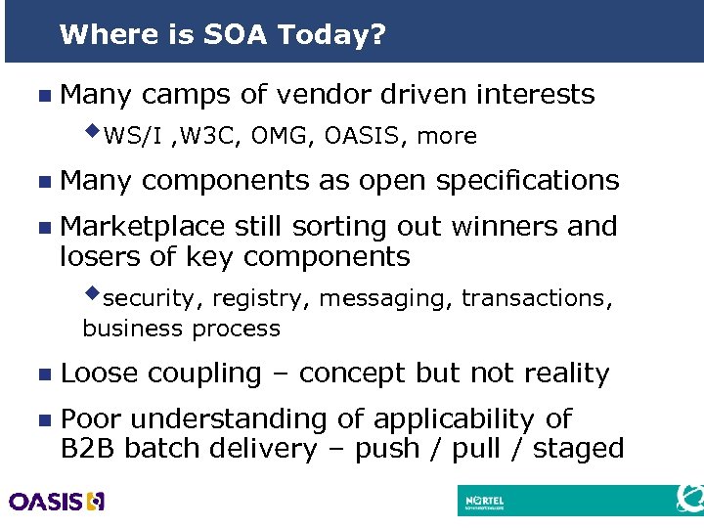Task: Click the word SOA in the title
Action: (x=236, y=36)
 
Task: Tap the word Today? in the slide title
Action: (x=331, y=36)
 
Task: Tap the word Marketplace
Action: (x=143, y=226)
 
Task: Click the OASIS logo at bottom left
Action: (x=57, y=502)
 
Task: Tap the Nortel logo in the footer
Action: (x=496, y=501)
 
